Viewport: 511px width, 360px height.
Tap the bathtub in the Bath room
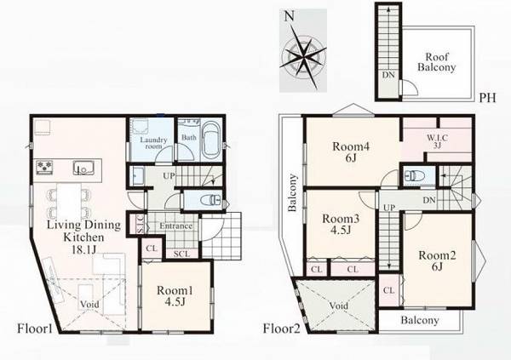(210, 141)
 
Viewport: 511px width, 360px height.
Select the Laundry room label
(153, 143)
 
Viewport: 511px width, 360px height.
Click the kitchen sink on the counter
(83, 168)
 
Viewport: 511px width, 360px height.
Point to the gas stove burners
(44, 167)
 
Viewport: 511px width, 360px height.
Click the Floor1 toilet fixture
(212, 199)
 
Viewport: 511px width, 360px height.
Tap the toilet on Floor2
(413, 176)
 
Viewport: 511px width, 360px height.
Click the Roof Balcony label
(436, 62)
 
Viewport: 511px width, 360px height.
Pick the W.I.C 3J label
(438, 141)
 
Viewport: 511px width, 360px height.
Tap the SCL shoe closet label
(182, 254)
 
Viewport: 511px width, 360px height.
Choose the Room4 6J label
(351, 151)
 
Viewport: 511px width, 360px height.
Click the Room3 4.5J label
(341, 224)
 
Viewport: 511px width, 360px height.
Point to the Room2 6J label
(437, 260)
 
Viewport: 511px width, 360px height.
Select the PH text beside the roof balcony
(487, 98)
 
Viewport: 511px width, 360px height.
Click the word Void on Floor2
(338, 306)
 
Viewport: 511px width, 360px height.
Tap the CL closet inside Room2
(389, 290)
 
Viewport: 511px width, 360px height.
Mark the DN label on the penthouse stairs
(388, 75)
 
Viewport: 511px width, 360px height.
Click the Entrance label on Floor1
(175, 226)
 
